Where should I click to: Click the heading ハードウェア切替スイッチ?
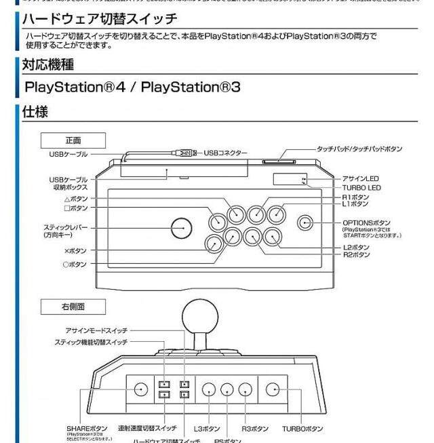click(x=100, y=18)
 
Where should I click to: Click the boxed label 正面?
click(x=74, y=140)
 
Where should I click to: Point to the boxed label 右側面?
click(x=74, y=307)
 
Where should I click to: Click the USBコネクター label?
click(x=226, y=153)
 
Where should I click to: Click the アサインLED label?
click(x=361, y=178)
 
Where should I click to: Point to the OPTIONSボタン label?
click(x=367, y=223)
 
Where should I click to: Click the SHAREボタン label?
click(x=87, y=429)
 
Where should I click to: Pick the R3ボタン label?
click(x=256, y=429)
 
